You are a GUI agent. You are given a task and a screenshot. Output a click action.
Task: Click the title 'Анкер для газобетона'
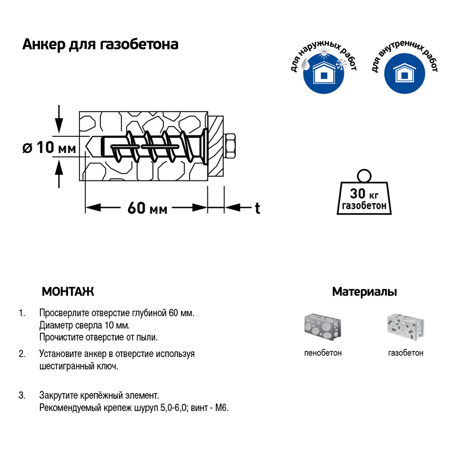click(100, 45)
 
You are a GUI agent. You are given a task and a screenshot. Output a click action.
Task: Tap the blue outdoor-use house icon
click(324, 73)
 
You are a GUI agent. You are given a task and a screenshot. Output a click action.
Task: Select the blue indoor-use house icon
click(404, 73)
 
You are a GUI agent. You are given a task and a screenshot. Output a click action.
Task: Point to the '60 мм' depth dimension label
click(147, 208)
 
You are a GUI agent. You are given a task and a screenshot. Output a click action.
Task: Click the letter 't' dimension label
click(257, 208)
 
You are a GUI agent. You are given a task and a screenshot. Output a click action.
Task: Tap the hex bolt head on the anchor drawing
click(229, 146)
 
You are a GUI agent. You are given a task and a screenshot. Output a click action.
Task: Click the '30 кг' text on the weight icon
click(364, 194)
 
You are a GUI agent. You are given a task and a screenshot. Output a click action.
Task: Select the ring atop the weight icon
click(364, 176)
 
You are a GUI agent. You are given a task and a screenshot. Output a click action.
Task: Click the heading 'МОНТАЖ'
click(68, 291)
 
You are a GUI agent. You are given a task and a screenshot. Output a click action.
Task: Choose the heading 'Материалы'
click(364, 291)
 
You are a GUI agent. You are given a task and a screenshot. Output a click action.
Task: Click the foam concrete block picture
click(323, 328)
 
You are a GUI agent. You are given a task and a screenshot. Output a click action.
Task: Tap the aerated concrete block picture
click(406, 328)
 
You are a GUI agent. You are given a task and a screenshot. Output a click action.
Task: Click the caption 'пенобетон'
click(323, 353)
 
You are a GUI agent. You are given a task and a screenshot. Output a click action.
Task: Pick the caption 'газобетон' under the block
click(406, 353)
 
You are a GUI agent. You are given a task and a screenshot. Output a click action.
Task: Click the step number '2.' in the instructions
click(22, 354)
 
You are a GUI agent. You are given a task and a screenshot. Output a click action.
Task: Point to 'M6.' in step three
click(222, 408)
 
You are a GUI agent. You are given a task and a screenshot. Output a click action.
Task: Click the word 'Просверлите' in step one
click(64, 313)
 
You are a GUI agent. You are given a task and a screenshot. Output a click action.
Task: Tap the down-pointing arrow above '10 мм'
click(59, 119)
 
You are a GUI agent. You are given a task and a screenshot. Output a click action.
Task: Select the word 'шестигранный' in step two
click(67, 366)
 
